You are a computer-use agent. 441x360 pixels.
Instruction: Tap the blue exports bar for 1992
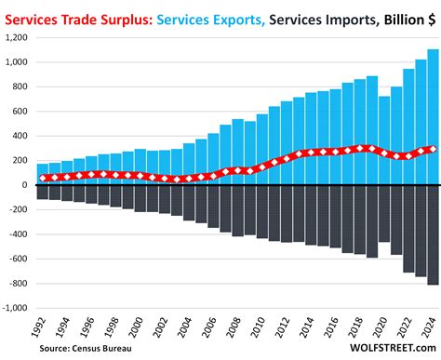point(43,174)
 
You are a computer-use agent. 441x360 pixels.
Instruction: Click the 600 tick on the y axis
point(20,112)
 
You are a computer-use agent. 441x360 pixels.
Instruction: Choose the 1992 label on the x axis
point(39,327)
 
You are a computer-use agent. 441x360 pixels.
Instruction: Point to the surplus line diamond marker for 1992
point(43,177)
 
